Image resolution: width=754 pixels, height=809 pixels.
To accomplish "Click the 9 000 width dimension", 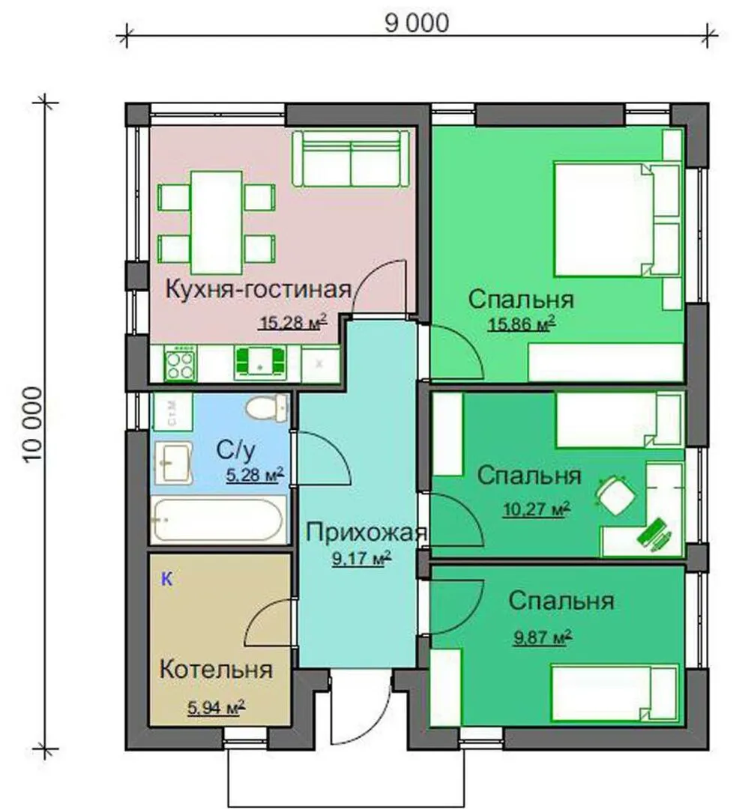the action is pyautogui.click(x=417, y=23).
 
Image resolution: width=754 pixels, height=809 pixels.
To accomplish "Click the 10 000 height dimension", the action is pyautogui.click(x=32, y=425).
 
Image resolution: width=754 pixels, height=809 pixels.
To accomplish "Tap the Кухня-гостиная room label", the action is pyautogui.click(x=258, y=289).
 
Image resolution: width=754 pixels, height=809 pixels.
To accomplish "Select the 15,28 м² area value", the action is pyautogui.click(x=293, y=322).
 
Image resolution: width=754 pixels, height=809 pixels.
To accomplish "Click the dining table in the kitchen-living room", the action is pyautogui.click(x=217, y=222).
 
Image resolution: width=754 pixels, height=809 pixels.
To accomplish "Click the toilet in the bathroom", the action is pyautogui.click(x=267, y=408).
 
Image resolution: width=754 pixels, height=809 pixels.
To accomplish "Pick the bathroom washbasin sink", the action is pyautogui.click(x=173, y=463).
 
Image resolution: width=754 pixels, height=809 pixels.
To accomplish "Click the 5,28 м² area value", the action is pyautogui.click(x=255, y=474).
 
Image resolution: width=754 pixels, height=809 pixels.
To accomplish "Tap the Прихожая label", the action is pyautogui.click(x=366, y=533).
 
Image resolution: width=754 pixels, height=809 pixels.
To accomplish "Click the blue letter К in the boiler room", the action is pyautogui.click(x=166, y=579).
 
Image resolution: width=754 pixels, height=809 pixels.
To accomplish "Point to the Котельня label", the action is pyautogui.click(x=216, y=670).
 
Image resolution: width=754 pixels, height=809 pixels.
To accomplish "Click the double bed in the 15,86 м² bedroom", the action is pyautogui.click(x=618, y=219).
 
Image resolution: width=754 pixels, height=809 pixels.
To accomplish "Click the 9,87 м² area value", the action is pyautogui.click(x=543, y=637).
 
